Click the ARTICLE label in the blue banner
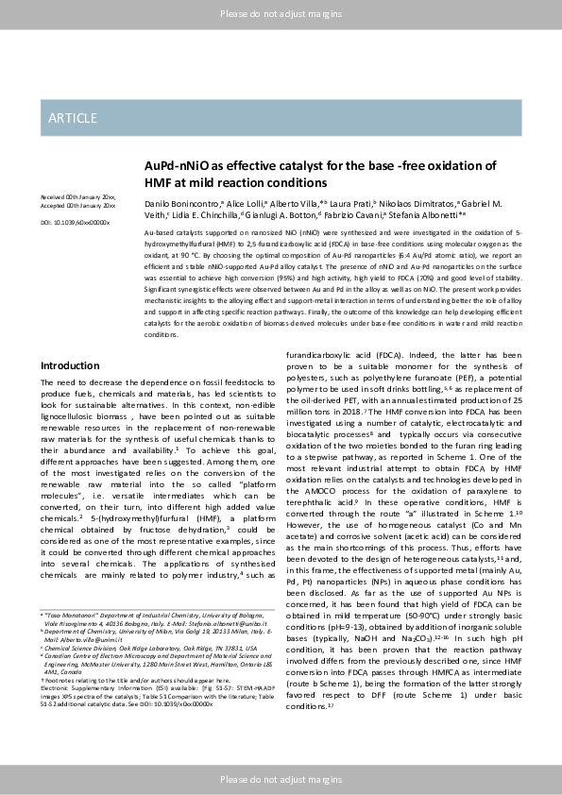tap(73, 118)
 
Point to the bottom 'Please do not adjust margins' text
tap(281, 779)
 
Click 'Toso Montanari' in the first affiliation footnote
tap(67, 615)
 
